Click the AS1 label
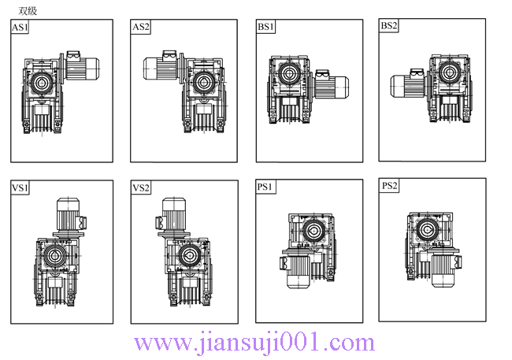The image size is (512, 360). click(x=20, y=27)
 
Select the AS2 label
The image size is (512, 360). click(x=141, y=27)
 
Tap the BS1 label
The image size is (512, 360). click(x=265, y=27)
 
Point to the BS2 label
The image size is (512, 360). click(x=389, y=25)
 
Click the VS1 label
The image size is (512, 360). click(x=20, y=187)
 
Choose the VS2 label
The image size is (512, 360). click(x=141, y=187)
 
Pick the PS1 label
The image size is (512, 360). click(x=265, y=187)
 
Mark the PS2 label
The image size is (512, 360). click(x=390, y=186)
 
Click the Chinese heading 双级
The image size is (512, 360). click(x=28, y=11)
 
